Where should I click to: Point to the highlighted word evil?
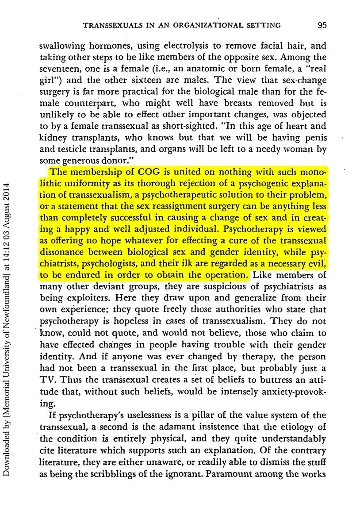(316, 264)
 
